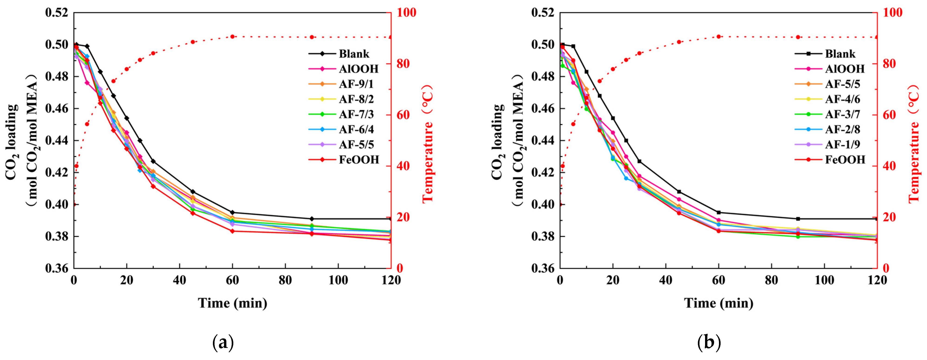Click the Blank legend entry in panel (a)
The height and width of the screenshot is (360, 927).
click(354, 54)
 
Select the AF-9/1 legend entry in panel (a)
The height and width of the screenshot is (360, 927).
click(356, 84)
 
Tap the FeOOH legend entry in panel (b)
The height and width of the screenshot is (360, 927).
click(845, 159)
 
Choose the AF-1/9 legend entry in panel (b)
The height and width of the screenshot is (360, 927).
click(842, 144)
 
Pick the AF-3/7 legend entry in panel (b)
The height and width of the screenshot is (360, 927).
click(842, 114)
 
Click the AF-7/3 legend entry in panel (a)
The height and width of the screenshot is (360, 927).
click(356, 114)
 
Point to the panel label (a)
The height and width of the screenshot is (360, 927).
click(223, 343)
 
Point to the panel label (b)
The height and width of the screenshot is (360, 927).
click(709, 343)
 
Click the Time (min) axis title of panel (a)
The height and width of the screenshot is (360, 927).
click(232, 303)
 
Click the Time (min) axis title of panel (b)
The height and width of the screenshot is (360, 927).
click(719, 303)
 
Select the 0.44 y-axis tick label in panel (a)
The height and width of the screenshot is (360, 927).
click(57, 140)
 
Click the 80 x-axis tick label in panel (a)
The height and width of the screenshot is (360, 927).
click(285, 280)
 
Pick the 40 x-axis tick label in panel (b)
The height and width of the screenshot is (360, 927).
click(666, 280)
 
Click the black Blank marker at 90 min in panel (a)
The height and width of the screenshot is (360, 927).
click(312, 219)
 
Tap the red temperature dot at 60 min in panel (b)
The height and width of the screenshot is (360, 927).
click(719, 37)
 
